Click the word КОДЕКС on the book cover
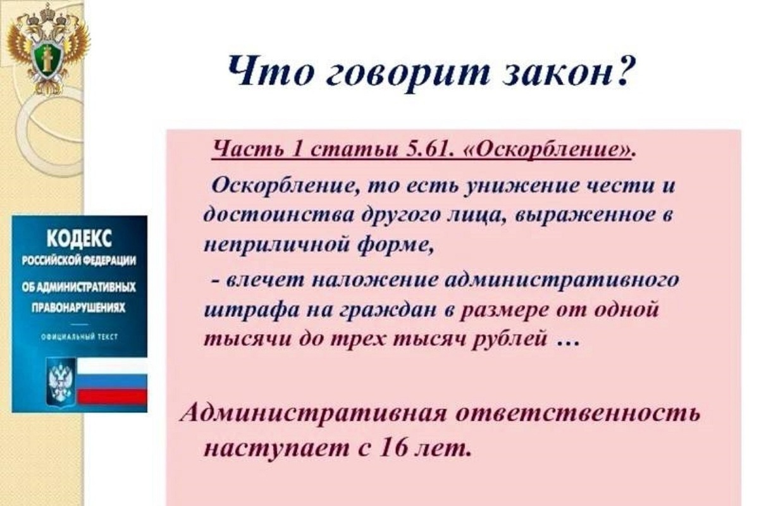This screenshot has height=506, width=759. click(x=80, y=240)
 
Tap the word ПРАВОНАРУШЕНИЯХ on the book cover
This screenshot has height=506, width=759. click(x=78, y=308)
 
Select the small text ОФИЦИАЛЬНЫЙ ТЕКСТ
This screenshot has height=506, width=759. click(x=79, y=337)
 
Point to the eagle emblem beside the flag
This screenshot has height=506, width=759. click(x=61, y=382)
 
